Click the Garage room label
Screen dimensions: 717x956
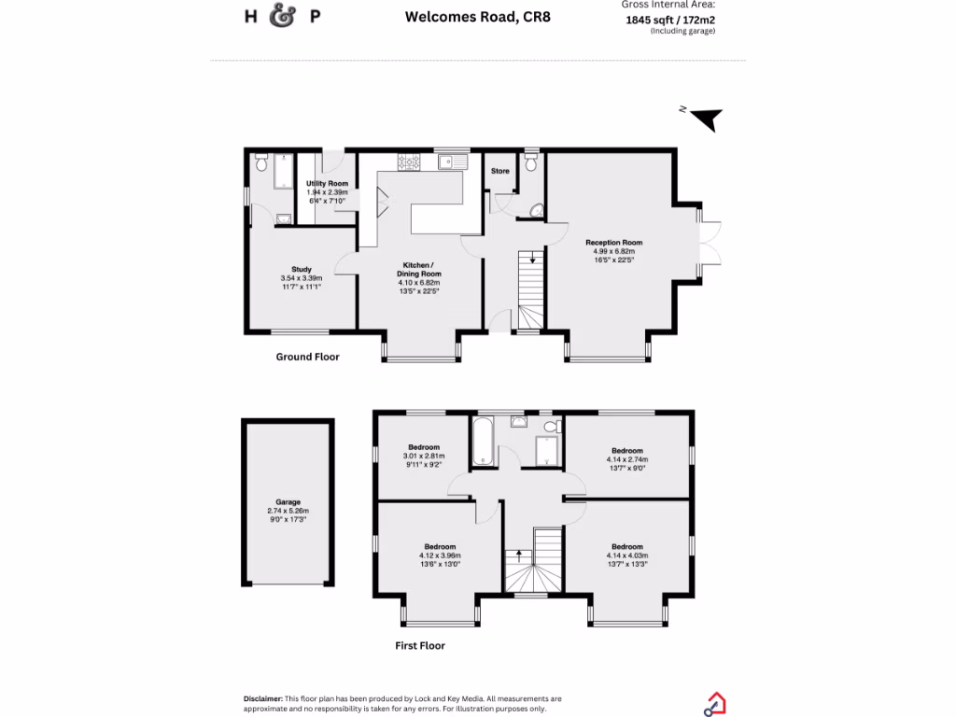click(x=287, y=501)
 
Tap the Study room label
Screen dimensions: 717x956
click(x=301, y=269)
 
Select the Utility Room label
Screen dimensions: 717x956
click(x=327, y=183)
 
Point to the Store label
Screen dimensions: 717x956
click(x=500, y=171)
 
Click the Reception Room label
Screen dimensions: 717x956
click(x=613, y=243)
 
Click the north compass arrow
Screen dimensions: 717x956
click(x=707, y=119)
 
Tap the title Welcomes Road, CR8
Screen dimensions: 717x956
click(x=477, y=16)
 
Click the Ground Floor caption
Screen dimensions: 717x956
click(x=307, y=357)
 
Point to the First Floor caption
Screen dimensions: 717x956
click(x=419, y=645)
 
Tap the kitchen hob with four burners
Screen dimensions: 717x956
click(x=409, y=162)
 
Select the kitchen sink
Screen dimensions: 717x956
click(x=453, y=162)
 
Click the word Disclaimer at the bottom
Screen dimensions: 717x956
click(x=262, y=698)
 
